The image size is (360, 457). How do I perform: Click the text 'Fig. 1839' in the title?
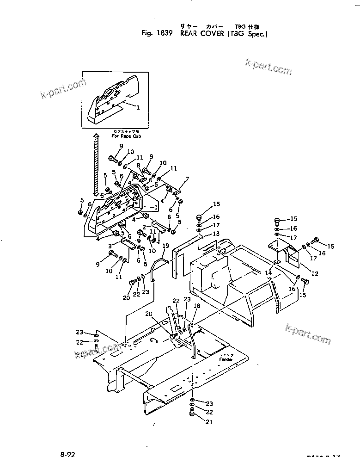[x=155, y=34]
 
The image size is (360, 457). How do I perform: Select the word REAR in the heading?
[x=189, y=34]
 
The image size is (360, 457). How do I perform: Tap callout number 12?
[x=315, y=273]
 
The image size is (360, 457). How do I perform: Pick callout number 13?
[x=216, y=234]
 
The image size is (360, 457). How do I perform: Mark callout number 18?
[x=197, y=306]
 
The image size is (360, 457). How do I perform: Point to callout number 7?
[x=187, y=179]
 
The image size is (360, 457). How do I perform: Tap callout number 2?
[x=144, y=227]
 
